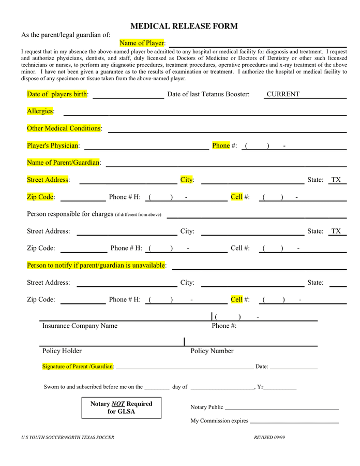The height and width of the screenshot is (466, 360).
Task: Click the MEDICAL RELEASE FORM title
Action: click(184, 26)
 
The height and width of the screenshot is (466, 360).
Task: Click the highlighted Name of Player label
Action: click(142, 43)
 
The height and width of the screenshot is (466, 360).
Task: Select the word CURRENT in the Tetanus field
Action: click(283, 94)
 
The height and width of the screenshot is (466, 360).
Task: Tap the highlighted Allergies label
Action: click(40, 111)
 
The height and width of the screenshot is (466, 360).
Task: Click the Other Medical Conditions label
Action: click(64, 128)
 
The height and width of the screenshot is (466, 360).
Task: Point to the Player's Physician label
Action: click(53, 145)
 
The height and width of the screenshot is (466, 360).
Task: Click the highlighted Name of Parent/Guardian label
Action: click(63, 163)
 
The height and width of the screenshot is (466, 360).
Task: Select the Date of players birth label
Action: click(57, 94)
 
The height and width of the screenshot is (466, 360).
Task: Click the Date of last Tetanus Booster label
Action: click(208, 94)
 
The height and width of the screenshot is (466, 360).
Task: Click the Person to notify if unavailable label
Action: click(96, 265)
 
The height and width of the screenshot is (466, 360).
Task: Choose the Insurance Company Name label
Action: click(80, 326)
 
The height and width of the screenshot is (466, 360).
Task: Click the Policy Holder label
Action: click(62, 351)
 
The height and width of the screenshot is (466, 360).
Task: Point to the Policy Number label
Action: click(212, 351)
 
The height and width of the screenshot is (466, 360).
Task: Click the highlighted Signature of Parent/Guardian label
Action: click(78, 367)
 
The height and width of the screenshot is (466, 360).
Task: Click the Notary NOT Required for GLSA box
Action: click(121, 407)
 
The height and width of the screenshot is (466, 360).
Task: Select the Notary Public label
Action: click(206, 407)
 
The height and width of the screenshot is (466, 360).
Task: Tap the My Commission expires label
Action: click(219, 421)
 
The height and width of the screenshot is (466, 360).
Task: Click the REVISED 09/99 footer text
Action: click(269, 438)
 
